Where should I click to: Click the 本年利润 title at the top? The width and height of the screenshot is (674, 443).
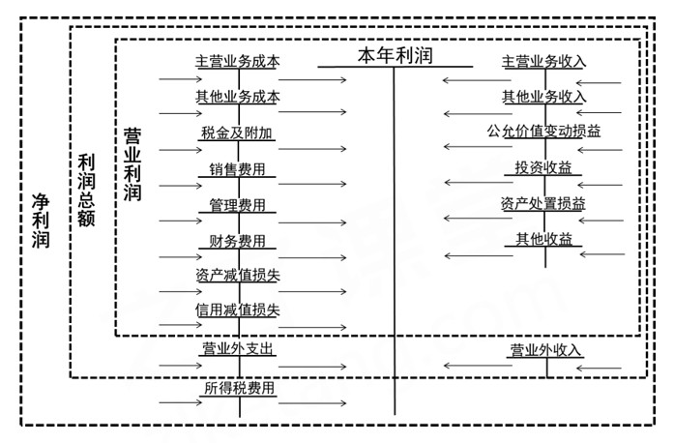point(396,54)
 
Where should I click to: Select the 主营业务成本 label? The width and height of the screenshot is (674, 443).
point(238,61)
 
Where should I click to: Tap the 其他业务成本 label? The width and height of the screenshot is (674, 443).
point(238,97)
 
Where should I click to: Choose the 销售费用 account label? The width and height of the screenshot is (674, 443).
point(238,168)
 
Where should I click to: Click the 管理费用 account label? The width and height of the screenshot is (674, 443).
point(238,204)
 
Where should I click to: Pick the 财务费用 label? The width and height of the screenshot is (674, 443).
point(238,240)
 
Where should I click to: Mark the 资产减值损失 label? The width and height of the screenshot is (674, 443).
point(238,276)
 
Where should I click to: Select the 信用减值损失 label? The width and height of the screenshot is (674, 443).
point(238,310)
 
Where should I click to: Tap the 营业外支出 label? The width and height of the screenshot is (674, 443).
point(238,348)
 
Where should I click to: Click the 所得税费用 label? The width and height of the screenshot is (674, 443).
point(240,389)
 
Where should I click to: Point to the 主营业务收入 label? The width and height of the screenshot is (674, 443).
point(544,61)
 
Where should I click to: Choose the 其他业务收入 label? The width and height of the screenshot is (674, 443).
point(544,97)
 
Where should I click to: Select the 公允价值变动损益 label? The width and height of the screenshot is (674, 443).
point(544,132)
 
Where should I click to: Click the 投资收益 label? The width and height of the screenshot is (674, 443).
point(544,168)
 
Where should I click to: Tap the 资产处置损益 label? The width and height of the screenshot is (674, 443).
point(544,204)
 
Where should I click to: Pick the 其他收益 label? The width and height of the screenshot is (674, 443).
point(544,240)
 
